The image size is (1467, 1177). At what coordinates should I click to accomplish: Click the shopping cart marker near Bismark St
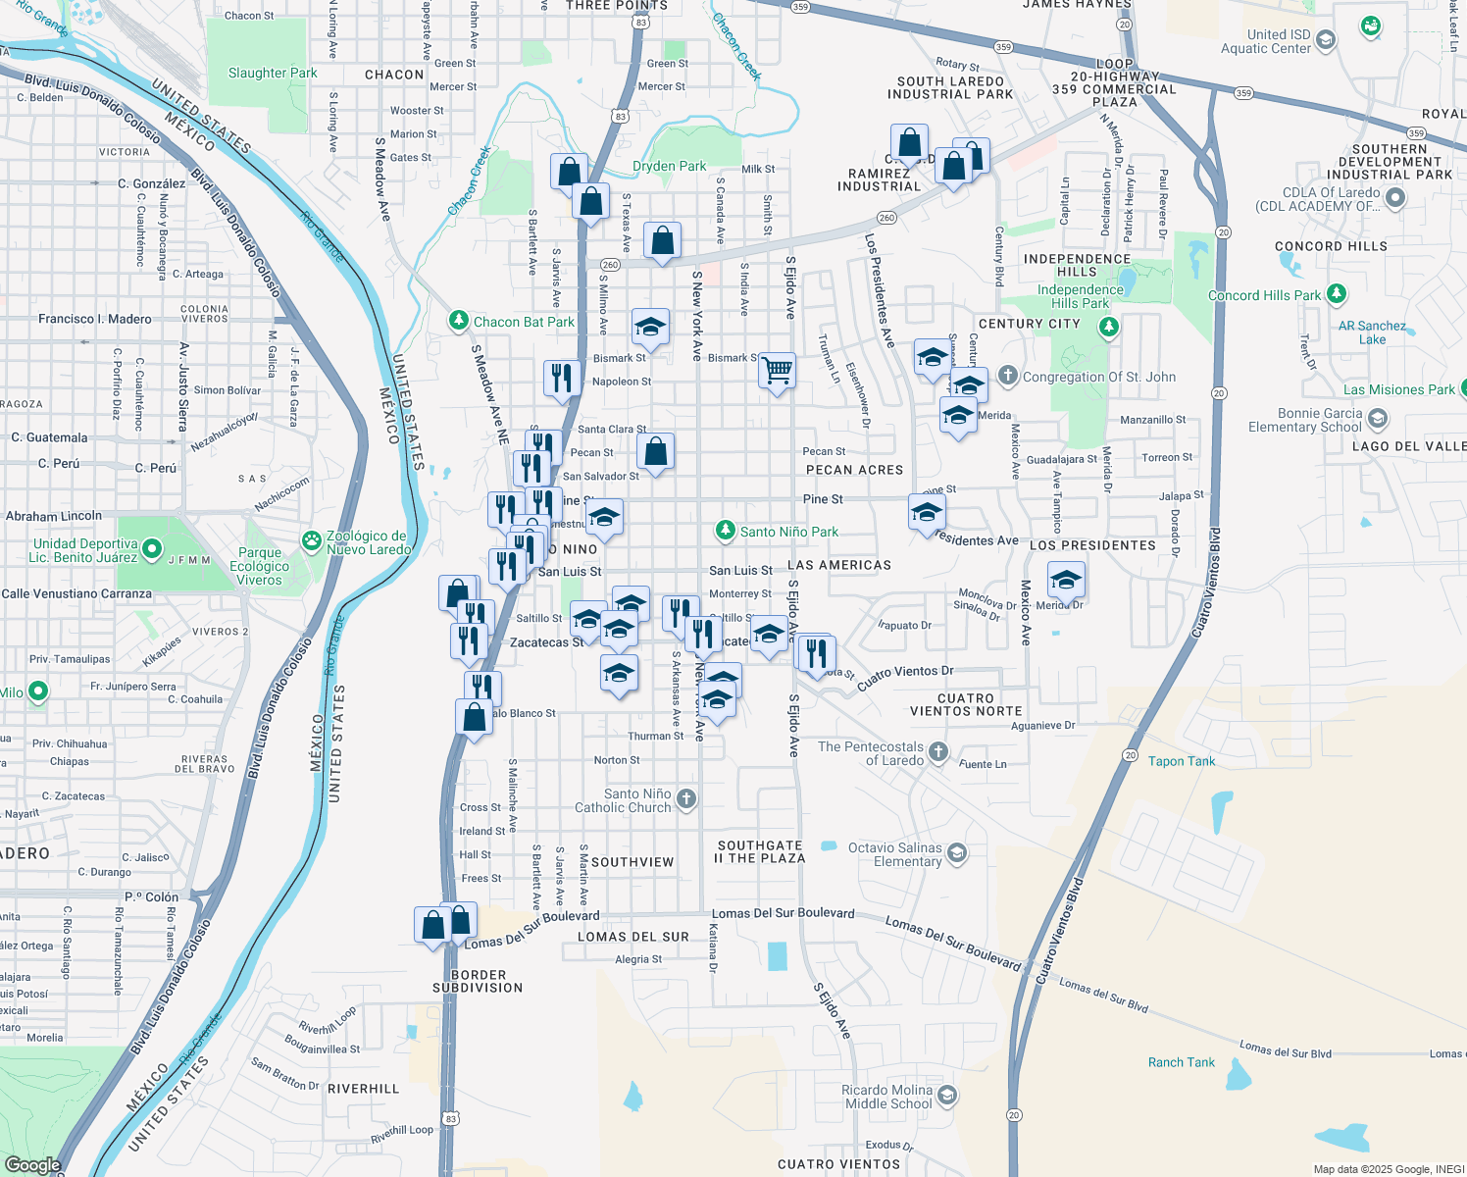click(x=777, y=371)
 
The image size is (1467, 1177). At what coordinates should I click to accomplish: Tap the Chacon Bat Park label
click(x=524, y=322)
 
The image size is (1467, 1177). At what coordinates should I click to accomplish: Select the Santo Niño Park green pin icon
click(x=725, y=531)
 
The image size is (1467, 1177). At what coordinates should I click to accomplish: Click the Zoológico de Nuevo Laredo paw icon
click(x=312, y=540)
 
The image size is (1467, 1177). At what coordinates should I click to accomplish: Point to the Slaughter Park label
click(x=273, y=73)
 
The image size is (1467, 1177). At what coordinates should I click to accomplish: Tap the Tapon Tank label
click(x=1181, y=761)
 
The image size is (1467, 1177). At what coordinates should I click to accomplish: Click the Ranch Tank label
click(x=1181, y=1062)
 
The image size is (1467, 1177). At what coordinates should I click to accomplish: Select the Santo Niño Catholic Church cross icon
click(x=686, y=798)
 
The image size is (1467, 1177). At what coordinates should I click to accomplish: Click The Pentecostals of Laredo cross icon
click(x=938, y=752)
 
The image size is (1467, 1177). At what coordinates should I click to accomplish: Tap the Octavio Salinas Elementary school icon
click(x=957, y=853)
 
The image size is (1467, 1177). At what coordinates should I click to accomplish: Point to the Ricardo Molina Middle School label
click(x=887, y=1097)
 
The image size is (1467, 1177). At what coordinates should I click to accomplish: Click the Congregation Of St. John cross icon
click(x=1007, y=376)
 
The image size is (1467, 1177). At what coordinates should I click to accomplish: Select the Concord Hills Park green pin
click(x=1336, y=294)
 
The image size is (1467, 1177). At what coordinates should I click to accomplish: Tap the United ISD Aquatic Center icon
click(x=1326, y=40)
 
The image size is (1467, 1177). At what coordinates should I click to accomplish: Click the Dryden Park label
click(x=669, y=166)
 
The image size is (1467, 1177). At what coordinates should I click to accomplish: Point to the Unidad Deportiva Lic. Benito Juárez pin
click(x=152, y=549)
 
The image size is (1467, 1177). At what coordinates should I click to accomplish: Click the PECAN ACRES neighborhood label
click(x=854, y=470)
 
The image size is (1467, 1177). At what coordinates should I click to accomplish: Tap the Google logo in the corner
click(x=32, y=1164)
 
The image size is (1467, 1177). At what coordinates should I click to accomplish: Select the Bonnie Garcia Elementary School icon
click(x=1377, y=420)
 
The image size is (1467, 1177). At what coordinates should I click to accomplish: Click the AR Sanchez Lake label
click(x=1372, y=333)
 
